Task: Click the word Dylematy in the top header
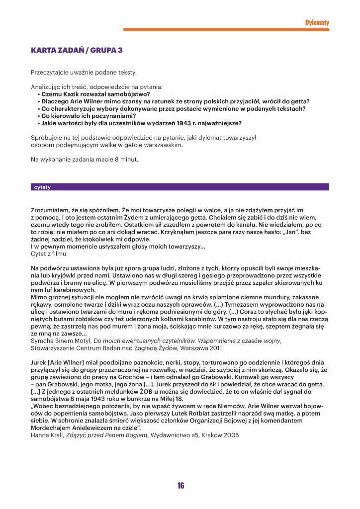click(x=317, y=22)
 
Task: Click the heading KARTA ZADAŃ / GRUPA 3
click(x=77, y=50)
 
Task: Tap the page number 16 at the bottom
click(x=180, y=486)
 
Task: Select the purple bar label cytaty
click(x=42, y=187)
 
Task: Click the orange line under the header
click(x=226, y=29)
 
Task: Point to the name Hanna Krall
click(x=44, y=435)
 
